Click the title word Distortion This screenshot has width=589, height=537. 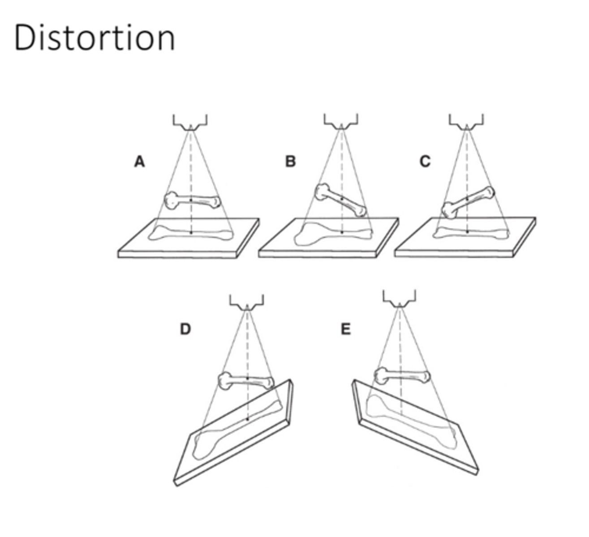coord(95,38)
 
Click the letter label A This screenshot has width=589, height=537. coord(140,162)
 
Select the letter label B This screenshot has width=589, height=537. coord(291,162)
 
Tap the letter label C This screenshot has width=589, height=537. coord(425,162)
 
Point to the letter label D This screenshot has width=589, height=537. coord(185,329)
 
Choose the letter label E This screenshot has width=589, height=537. coord(346,329)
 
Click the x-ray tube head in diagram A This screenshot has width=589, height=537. coord(190,122)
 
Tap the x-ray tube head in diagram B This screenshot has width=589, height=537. coord(341,122)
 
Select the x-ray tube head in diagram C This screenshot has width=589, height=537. coord(466,122)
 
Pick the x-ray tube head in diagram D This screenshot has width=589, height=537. coord(247,303)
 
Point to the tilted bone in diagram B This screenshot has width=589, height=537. coord(341,200)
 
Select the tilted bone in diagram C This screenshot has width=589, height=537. coord(469,201)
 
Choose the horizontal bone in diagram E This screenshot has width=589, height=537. coord(401,375)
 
